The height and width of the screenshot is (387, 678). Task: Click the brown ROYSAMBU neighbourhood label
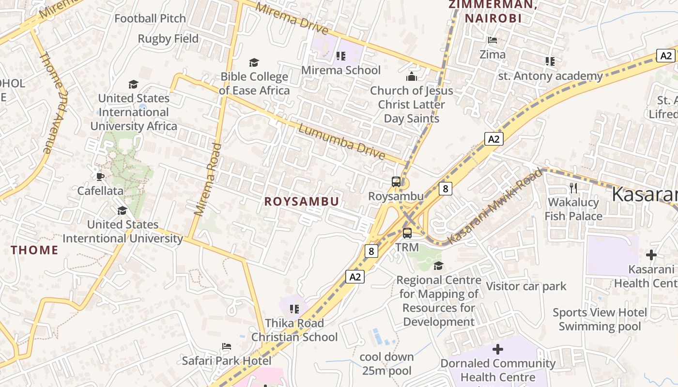301,202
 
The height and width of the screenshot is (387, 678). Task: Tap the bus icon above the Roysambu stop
396,182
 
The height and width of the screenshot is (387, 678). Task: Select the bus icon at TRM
407,233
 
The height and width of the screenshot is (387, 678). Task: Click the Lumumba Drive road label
341,142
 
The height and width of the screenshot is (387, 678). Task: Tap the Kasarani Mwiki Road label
494,206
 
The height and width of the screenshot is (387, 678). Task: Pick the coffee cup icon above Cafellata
100,177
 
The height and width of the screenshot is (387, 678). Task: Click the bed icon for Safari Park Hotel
226,346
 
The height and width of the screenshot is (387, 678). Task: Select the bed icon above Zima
493,40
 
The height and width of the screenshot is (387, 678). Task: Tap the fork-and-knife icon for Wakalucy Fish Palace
573,188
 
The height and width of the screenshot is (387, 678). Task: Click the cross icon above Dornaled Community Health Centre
497,349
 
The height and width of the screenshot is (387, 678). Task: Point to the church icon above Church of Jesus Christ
411,76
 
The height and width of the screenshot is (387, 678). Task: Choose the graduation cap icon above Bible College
254,62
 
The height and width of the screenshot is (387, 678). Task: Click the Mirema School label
341,70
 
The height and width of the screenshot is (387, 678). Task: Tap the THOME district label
34,250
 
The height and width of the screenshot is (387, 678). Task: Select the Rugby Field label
168,39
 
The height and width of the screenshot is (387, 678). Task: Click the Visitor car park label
526,286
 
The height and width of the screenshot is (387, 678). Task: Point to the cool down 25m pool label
386,364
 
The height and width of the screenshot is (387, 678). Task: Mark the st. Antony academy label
550,76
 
